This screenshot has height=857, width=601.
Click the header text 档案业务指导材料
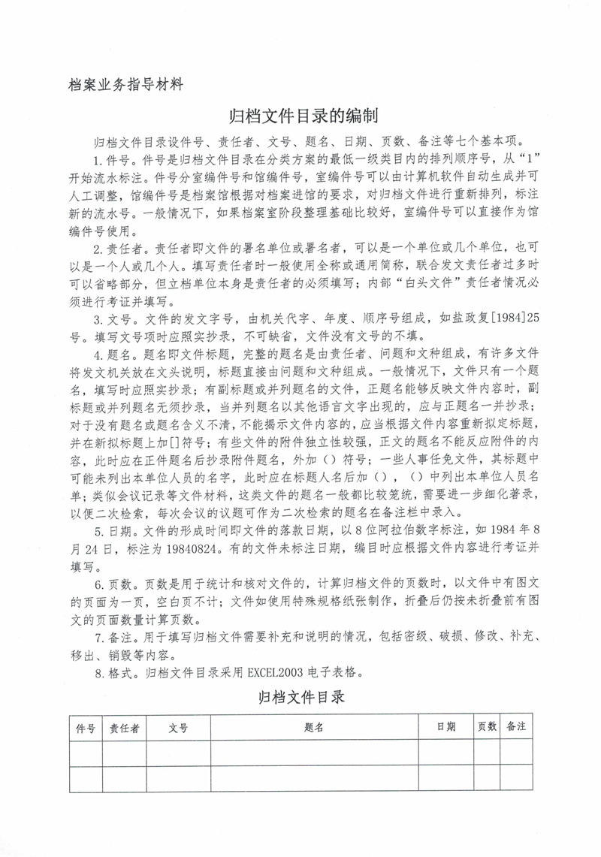tap(125, 84)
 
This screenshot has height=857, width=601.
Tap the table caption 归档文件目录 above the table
tap(300, 698)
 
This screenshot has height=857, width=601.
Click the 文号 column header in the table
tap(178, 728)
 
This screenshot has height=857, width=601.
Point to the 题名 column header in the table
tap(314, 728)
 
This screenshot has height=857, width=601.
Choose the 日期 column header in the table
tap(445, 727)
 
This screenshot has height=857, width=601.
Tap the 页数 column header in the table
tap(487, 727)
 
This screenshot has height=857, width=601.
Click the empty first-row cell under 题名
tap(314, 753)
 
